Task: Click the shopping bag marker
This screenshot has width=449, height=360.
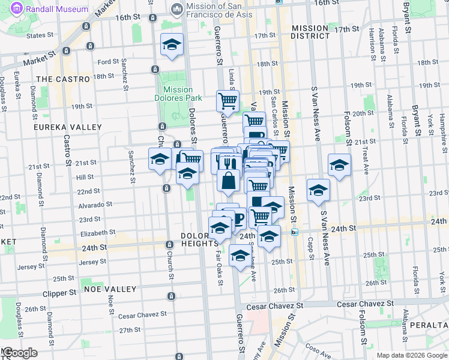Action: tap(229, 181)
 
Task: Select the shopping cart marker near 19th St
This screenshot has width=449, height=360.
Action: tap(228, 100)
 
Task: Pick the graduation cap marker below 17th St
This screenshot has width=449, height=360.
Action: tap(172, 44)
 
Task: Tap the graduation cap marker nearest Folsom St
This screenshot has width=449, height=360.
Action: tap(339, 164)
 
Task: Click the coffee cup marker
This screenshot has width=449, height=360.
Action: tap(238, 218)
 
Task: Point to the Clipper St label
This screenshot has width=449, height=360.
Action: tap(60, 294)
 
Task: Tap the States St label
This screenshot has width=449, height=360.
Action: tap(53, 36)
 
